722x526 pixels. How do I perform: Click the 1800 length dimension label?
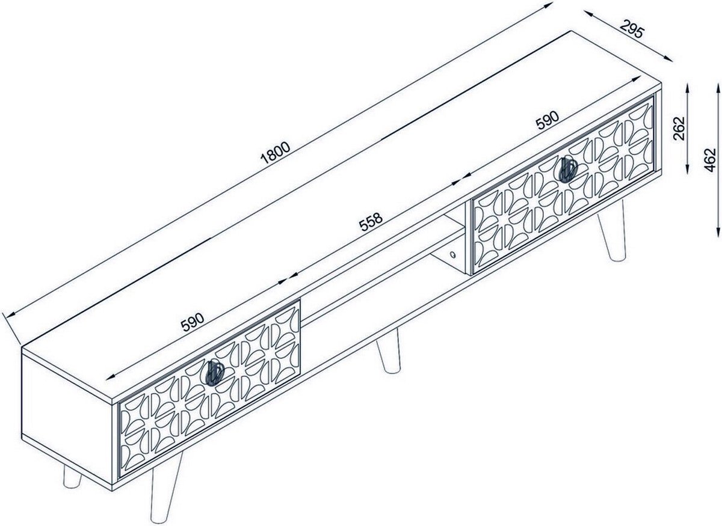(x=276, y=153)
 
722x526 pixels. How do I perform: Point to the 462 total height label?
(x=710, y=160)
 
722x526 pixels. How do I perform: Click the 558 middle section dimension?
(x=371, y=222)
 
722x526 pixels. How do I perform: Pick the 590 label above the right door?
(x=547, y=120)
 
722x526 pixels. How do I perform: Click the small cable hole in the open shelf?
(x=453, y=255)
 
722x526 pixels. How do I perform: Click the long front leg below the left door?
(x=166, y=488)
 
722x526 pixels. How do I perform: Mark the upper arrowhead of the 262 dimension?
(x=688, y=89)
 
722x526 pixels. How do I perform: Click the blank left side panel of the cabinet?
(x=67, y=411)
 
